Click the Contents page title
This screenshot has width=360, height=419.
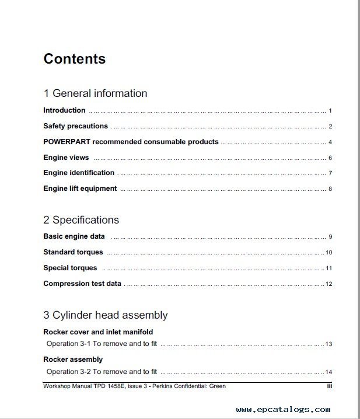coord(74,59)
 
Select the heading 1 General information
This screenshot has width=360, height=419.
coord(95,93)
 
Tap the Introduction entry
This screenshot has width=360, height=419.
coord(64,110)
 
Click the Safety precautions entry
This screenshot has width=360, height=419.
coord(75,126)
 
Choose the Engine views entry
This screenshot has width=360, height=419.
coord(66,158)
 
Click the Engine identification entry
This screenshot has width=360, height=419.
coord(79,173)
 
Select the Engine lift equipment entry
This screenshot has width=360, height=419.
coord(80,188)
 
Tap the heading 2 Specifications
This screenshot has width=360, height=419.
coord(81,220)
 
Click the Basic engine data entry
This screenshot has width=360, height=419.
coord(74,236)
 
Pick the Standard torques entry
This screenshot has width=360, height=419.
coord(73,252)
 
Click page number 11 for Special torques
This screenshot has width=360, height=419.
coord(329,268)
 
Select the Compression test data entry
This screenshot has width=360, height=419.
coord(82,284)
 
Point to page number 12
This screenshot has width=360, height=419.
coord(329,284)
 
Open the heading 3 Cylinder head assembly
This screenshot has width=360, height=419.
coord(105,315)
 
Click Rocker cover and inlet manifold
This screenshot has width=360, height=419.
coord(98,332)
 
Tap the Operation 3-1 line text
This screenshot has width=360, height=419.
coord(102,344)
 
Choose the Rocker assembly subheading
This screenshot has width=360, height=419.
coord(73,359)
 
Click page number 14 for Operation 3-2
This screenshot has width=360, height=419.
coord(329,372)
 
